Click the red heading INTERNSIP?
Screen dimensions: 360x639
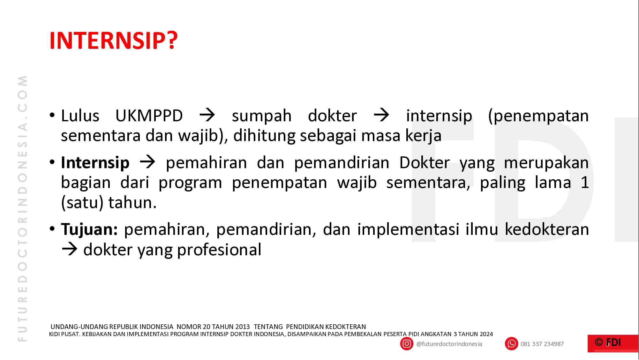tap(113, 41)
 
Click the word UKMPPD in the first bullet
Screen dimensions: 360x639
tap(149, 116)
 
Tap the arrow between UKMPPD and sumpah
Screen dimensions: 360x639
tap(207, 116)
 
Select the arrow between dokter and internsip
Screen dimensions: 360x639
tap(381, 116)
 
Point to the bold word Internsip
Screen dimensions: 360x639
tap(95, 163)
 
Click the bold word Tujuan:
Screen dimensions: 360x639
tap(89, 229)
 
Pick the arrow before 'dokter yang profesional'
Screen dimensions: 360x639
tap(70, 250)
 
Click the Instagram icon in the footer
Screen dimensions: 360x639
tap(407, 344)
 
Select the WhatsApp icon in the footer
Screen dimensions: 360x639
tap(511, 344)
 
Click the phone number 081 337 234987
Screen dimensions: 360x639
tap(542, 344)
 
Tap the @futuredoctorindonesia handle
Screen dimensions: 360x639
tap(449, 344)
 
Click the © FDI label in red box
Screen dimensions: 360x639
tap(608, 343)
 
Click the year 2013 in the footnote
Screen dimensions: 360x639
tap(243, 327)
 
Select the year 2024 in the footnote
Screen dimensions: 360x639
tap(486, 334)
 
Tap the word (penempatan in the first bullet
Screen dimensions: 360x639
tap(538, 116)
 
